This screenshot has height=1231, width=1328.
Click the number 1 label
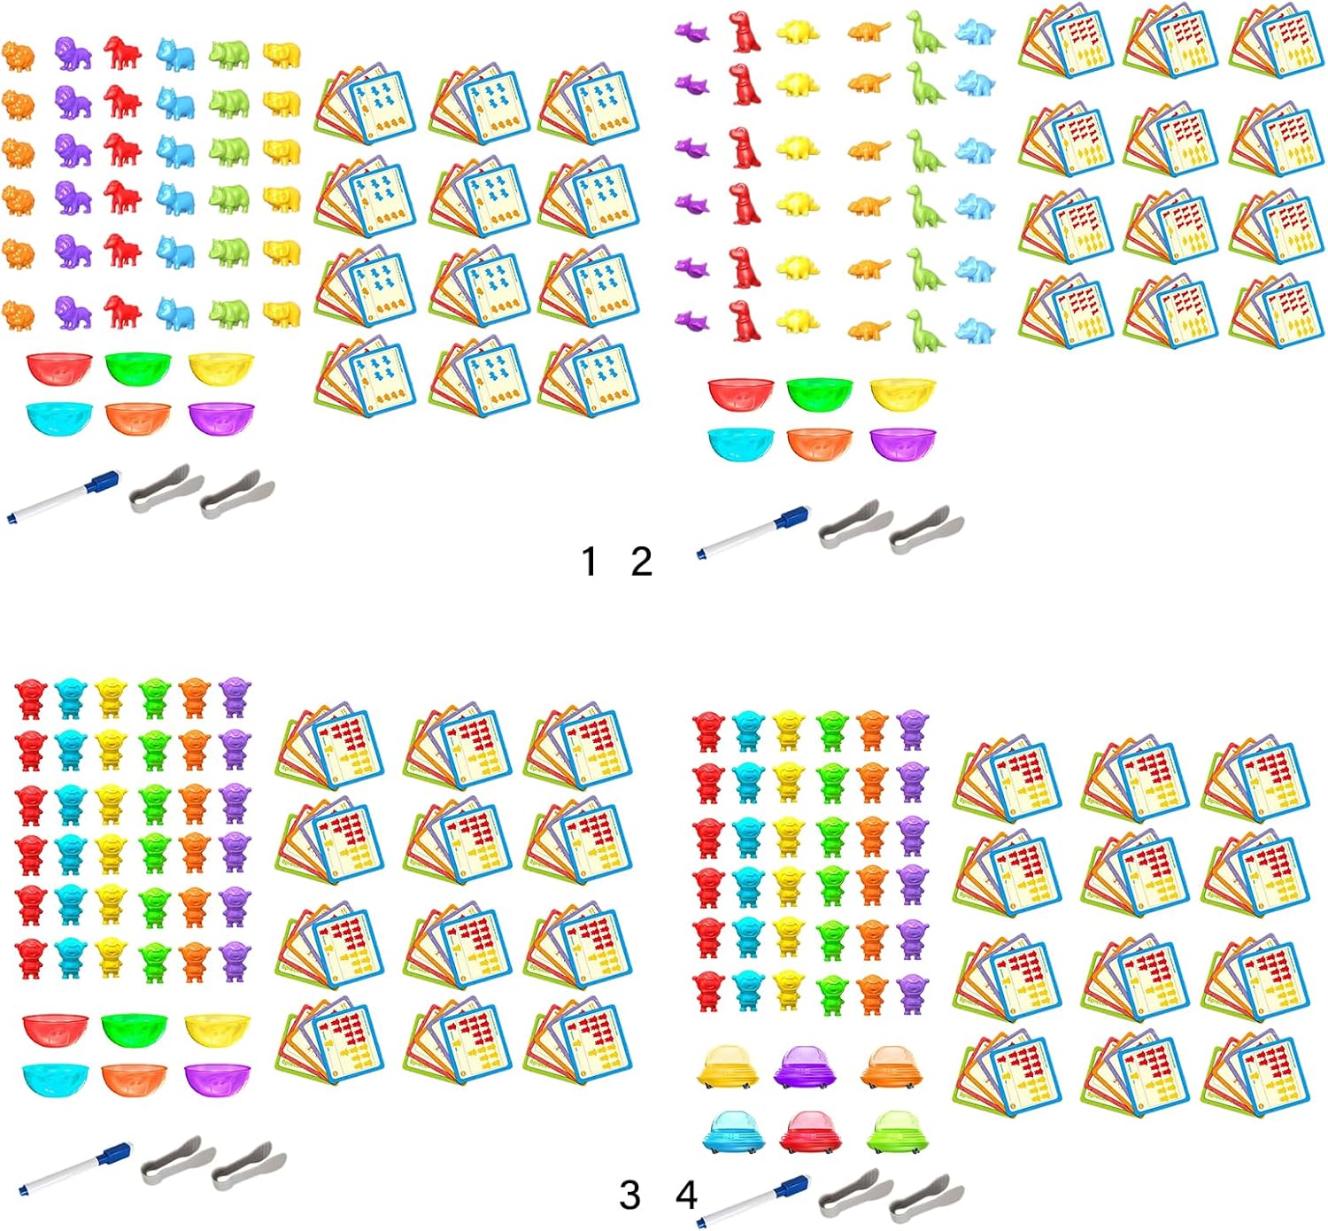(590, 561)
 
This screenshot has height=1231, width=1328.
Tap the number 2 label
(642, 561)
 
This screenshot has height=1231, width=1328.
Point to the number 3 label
(629, 1196)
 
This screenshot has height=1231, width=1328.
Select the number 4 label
(686, 1196)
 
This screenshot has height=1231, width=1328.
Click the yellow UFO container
(727, 1067)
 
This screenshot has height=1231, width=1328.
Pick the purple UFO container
(805, 1067)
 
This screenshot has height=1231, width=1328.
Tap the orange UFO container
(892, 1067)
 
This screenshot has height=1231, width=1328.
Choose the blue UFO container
(730, 1133)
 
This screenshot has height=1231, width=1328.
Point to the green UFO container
(893, 1133)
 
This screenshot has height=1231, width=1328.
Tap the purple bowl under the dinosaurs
(902, 444)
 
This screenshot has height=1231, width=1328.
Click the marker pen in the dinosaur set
(753, 531)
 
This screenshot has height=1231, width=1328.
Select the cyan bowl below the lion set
(59, 418)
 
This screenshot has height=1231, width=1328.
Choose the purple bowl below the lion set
(221, 418)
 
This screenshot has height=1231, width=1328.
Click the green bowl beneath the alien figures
(134, 1028)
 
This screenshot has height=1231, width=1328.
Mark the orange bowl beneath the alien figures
(134, 1079)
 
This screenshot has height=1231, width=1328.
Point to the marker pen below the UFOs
(753, 1201)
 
